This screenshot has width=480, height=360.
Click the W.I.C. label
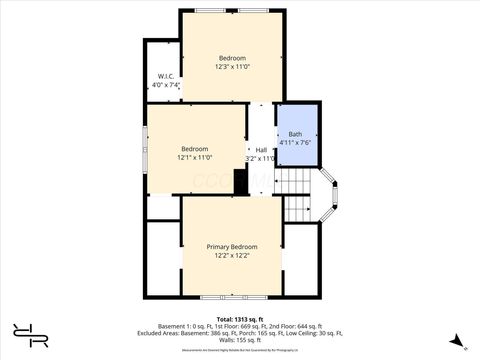tap(166, 76)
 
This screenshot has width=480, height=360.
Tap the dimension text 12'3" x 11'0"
tap(232, 68)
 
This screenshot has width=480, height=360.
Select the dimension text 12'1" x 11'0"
tap(194, 158)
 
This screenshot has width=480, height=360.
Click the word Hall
tap(260, 150)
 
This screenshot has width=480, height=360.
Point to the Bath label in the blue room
tap(295, 134)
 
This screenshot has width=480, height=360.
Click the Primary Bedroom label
tap(231, 247)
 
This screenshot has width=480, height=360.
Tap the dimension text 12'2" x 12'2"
tap(231, 256)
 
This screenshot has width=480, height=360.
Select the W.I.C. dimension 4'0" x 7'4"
tap(166, 85)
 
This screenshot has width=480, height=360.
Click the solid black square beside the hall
tap(240, 182)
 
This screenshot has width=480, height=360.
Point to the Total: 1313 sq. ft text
tap(239, 319)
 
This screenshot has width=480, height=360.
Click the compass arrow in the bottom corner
tap(457, 340)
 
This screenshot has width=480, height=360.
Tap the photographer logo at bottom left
tap(30, 336)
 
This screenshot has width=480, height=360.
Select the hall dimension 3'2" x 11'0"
tap(260, 159)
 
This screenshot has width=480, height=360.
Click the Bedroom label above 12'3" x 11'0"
tap(232, 58)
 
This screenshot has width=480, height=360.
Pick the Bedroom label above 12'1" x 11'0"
tap(194, 149)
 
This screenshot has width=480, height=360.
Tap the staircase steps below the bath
tap(297, 195)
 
